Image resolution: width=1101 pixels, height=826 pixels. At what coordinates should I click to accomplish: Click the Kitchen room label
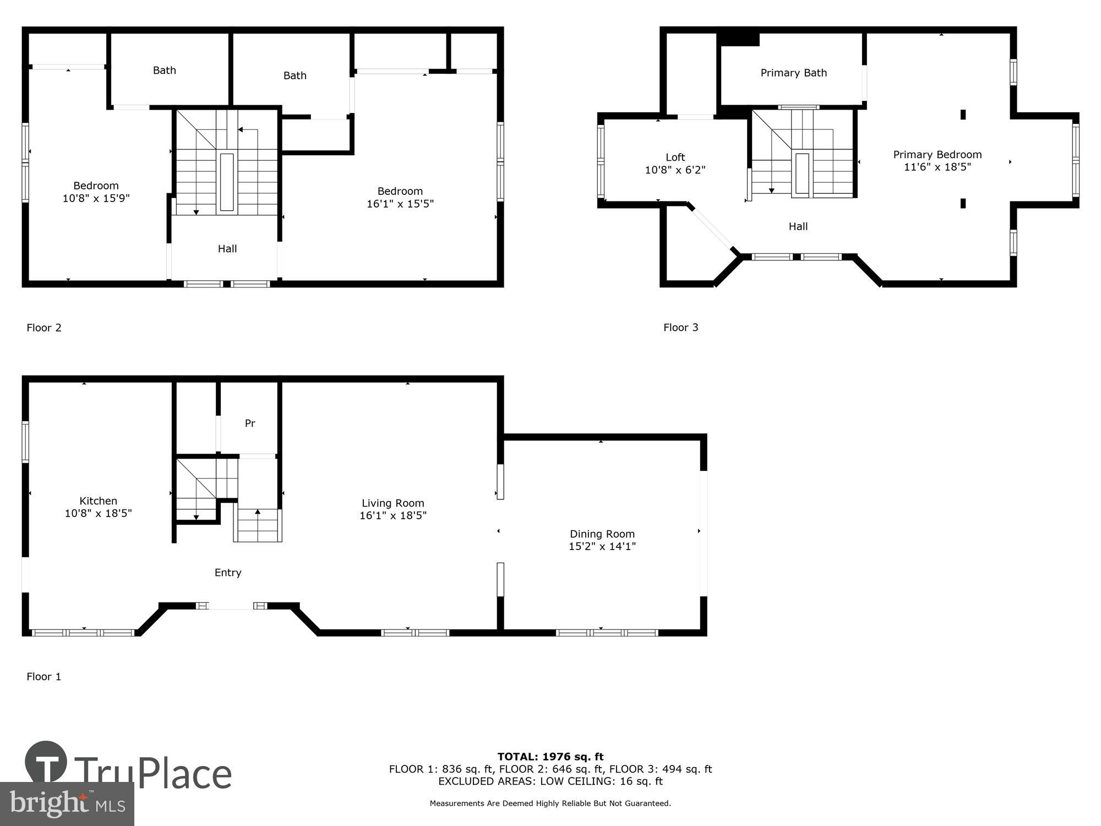coord(98,501)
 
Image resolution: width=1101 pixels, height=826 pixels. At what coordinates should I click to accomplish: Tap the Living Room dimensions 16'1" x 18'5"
coord(393,515)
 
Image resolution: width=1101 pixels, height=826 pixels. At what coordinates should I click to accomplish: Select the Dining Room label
coord(602,534)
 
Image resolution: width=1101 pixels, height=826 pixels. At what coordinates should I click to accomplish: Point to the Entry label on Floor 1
coord(228,573)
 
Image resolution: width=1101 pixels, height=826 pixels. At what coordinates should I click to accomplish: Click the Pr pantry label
coord(250,423)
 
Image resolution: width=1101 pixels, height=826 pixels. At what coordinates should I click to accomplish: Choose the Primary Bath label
coord(793,73)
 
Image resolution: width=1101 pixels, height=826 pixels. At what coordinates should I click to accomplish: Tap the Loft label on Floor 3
coord(675,157)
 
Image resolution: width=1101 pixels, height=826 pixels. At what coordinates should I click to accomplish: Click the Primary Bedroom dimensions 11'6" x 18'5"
coord(937,167)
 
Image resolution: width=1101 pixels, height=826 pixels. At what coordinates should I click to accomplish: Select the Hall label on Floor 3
coord(798,226)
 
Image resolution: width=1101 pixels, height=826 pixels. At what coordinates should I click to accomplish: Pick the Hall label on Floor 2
coord(227,249)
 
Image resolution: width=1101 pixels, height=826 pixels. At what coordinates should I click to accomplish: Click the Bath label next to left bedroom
coord(165,70)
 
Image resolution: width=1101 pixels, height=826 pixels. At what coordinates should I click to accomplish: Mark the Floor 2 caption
coord(44,328)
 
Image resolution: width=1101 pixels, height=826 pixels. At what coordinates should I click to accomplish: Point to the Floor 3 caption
coord(680,328)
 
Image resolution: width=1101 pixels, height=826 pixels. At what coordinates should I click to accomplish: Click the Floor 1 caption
coord(44,677)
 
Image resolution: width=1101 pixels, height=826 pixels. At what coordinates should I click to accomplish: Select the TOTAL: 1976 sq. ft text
coord(550,757)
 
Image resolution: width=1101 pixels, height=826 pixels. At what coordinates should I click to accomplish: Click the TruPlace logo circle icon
coord(46,763)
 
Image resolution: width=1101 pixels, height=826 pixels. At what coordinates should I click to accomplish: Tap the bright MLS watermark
coord(67,805)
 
